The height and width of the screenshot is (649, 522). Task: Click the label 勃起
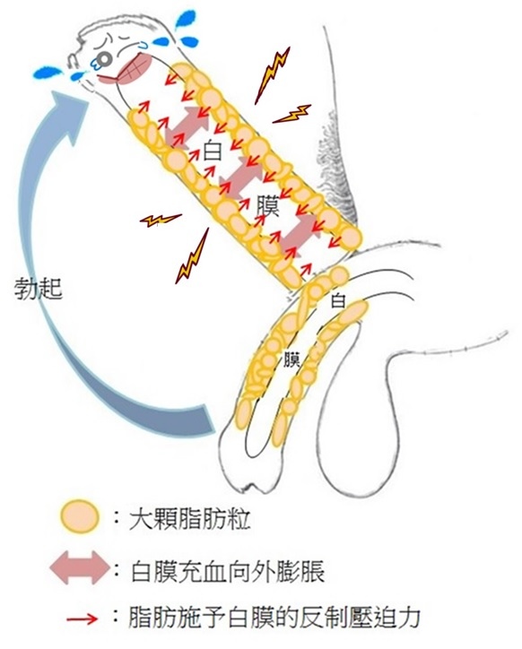coord(39,288)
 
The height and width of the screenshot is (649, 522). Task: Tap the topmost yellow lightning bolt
coord(272,75)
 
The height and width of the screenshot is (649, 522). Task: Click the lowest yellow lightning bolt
coord(192,257)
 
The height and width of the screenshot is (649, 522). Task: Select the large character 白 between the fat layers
coord(213,151)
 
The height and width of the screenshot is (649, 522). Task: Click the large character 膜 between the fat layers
coord(268,205)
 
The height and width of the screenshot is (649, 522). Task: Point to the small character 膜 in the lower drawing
coord(291,359)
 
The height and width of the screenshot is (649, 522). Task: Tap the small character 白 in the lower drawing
coord(338,300)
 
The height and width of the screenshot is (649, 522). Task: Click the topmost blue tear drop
coord(185,20)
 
